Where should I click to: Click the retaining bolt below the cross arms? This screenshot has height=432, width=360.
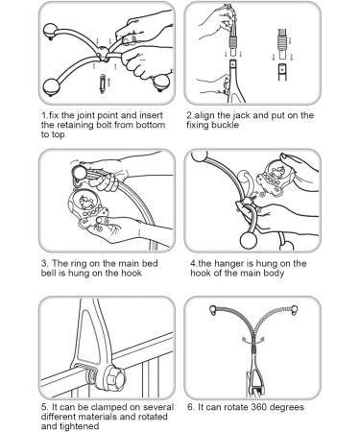coord(103,84)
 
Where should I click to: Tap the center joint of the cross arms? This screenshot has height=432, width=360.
coord(103,52)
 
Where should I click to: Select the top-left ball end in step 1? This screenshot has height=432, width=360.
coord(50,31)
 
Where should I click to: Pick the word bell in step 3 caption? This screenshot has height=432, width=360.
coord(48,274)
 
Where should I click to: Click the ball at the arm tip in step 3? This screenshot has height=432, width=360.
coord(79,173)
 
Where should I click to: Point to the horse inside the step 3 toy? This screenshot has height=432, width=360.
coord(85,203)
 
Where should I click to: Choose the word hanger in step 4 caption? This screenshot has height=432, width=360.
coord(228,264)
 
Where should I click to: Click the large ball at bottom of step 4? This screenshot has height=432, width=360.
coord(248,240)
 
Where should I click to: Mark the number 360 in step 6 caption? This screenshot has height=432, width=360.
coord(260,407)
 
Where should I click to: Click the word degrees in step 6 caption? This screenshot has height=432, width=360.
coord(287,408)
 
